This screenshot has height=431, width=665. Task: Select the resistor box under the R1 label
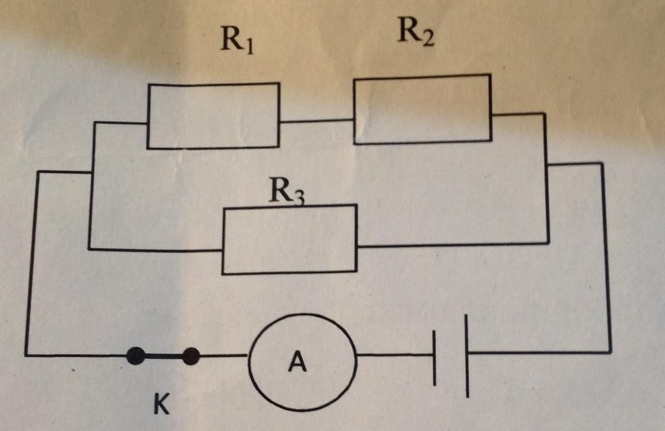point(213,116)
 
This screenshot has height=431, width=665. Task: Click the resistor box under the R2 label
point(422,109)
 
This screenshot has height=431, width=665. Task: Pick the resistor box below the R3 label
point(290,239)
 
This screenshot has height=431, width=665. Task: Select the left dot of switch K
point(135,356)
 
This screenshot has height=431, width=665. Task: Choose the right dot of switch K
point(190,356)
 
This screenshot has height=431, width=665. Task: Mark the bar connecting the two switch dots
point(162,356)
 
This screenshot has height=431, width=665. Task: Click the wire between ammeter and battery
point(395,355)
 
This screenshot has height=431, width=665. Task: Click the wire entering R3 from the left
point(156,250)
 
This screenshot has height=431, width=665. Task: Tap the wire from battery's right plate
point(539,353)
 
